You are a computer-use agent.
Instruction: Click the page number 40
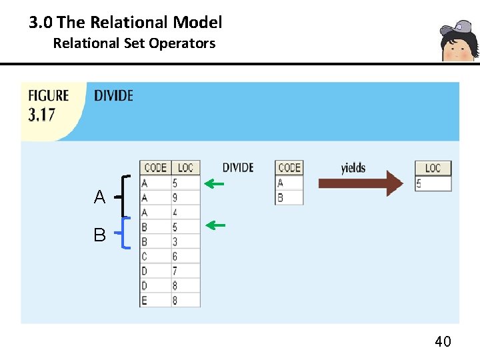(443, 342)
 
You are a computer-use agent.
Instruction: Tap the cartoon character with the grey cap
(459, 41)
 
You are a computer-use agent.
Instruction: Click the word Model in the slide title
(197, 23)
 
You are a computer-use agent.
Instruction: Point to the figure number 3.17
(41, 114)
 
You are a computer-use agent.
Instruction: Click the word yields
(353, 167)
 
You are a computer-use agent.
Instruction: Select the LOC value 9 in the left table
(175, 198)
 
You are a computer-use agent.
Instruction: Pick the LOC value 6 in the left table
(175, 257)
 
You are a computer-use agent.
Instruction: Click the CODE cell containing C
(145, 257)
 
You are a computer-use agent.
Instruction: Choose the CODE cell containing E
(145, 301)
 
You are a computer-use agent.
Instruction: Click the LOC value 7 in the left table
(175, 271)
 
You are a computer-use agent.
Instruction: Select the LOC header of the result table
(433, 168)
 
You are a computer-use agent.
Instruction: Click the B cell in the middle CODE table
(281, 198)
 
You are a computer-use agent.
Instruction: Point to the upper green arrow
(214, 183)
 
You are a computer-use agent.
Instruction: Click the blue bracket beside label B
(126, 233)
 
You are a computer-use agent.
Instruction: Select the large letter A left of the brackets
(99, 197)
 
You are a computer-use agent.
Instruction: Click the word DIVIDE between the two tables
(238, 167)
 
